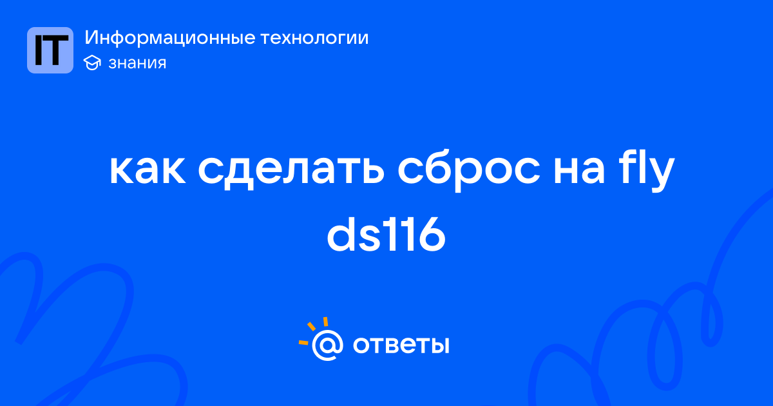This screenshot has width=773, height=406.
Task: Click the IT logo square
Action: tap(50, 50)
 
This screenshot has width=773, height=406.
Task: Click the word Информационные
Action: tap(170, 37)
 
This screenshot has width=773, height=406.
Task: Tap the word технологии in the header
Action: tap(314, 37)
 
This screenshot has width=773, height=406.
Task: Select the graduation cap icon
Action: tap(92, 63)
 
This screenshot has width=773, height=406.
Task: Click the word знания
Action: tap(137, 63)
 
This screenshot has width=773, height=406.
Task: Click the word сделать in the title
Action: tap(291, 171)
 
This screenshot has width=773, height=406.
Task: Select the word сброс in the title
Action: tap(469, 170)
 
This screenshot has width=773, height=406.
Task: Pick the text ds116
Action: tap(386, 234)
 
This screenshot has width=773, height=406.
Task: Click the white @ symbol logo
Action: tap(327, 345)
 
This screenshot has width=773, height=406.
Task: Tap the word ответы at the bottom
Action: tap(401, 345)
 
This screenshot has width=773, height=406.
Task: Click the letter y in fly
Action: tap(660, 175)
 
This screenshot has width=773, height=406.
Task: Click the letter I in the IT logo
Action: tap(39, 50)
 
